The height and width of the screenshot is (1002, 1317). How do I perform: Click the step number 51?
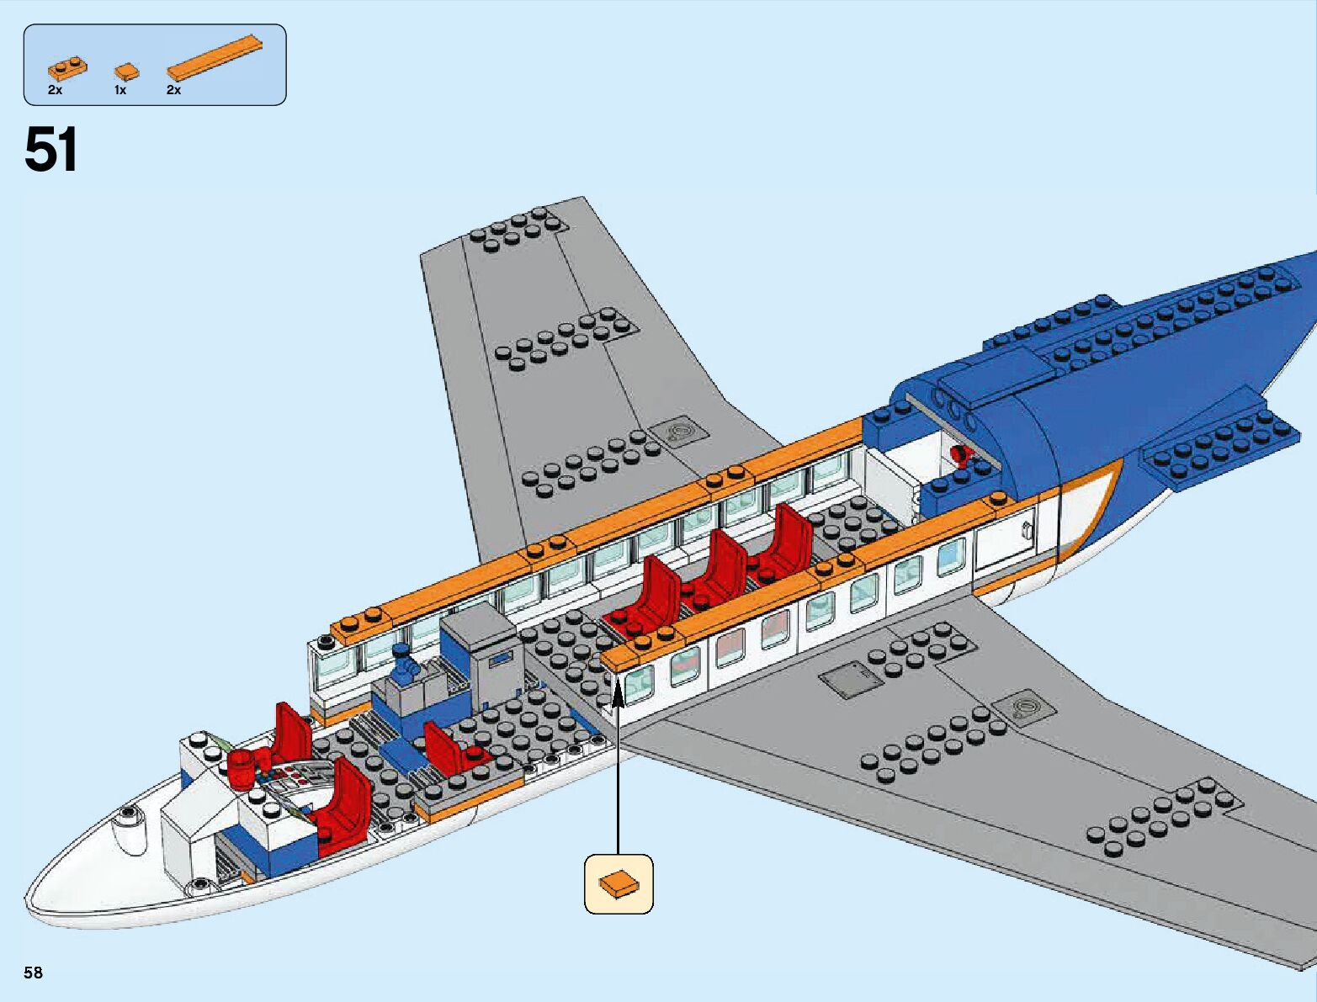click(51, 150)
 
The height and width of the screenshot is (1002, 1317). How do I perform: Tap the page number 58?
click(33, 973)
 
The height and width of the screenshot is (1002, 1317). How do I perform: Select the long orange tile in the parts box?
click(215, 59)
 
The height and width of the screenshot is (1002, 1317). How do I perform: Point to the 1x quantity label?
click(119, 90)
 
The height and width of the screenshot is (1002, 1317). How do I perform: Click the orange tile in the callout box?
click(619, 883)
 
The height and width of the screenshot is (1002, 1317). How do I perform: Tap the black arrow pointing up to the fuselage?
click(619, 757)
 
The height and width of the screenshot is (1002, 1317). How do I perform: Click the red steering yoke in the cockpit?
click(242, 767)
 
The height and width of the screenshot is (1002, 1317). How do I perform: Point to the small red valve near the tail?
click(959, 456)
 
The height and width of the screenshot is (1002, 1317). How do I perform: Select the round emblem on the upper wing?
click(677, 433)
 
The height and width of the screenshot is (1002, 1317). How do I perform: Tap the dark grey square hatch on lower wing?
click(849, 679)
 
